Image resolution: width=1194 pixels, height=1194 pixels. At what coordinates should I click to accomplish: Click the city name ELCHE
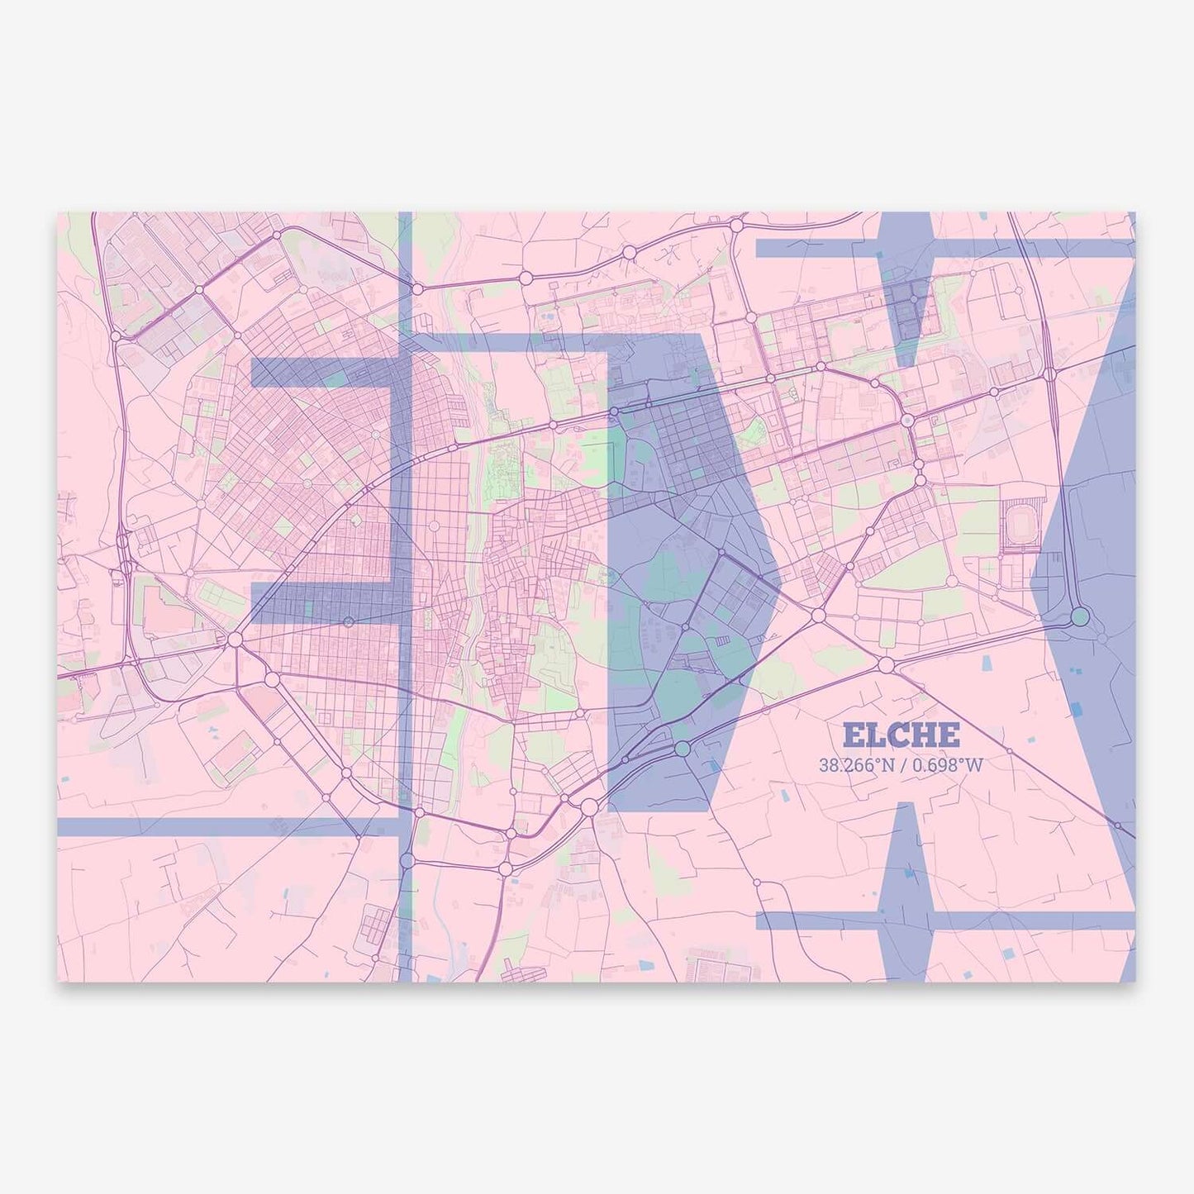tap(901, 734)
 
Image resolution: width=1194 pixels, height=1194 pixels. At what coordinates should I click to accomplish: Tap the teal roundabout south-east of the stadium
tap(1080, 616)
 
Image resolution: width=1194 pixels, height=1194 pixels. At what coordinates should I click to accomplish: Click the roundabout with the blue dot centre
tap(907, 421)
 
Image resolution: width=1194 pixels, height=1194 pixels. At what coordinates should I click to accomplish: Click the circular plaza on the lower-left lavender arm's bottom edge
tap(349, 621)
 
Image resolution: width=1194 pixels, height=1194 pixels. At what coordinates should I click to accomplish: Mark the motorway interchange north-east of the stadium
tap(1048, 374)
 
